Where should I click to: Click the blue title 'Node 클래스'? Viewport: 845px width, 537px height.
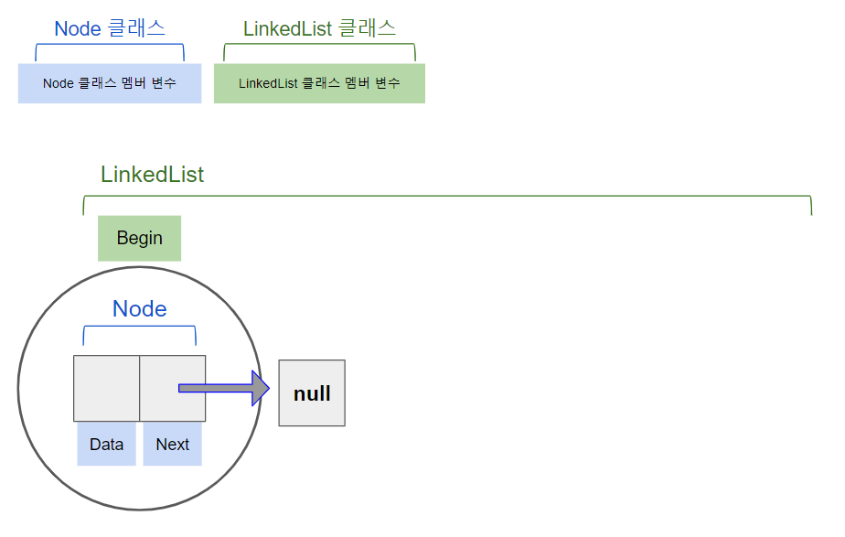pyautogui.click(x=110, y=28)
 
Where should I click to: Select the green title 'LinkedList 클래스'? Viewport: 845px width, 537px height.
pyautogui.click(x=319, y=28)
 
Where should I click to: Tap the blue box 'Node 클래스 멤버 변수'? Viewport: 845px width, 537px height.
pyautogui.click(x=110, y=83)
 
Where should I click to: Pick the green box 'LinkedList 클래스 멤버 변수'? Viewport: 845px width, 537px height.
pyautogui.click(x=319, y=83)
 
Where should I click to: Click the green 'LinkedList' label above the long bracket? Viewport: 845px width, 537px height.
pyautogui.click(x=152, y=175)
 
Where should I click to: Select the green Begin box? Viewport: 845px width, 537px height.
pyautogui.click(x=140, y=239)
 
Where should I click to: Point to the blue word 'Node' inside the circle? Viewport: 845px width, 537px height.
pyautogui.click(x=139, y=309)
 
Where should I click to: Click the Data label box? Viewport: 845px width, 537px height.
pyautogui.click(x=106, y=445)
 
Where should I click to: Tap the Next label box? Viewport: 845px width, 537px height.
pyautogui.click(x=172, y=445)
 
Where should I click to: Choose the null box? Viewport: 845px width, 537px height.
pyautogui.click(x=312, y=393)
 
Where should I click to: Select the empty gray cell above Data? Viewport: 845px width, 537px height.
pyautogui.click(x=106, y=388)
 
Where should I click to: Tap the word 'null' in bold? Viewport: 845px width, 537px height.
pyautogui.click(x=312, y=394)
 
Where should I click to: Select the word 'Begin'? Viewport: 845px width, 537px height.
pyautogui.click(x=140, y=239)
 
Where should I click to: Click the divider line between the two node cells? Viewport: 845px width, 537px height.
pyautogui.click(x=139, y=388)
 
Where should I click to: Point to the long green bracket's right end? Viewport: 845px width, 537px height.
pyautogui.click(x=810, y=206)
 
